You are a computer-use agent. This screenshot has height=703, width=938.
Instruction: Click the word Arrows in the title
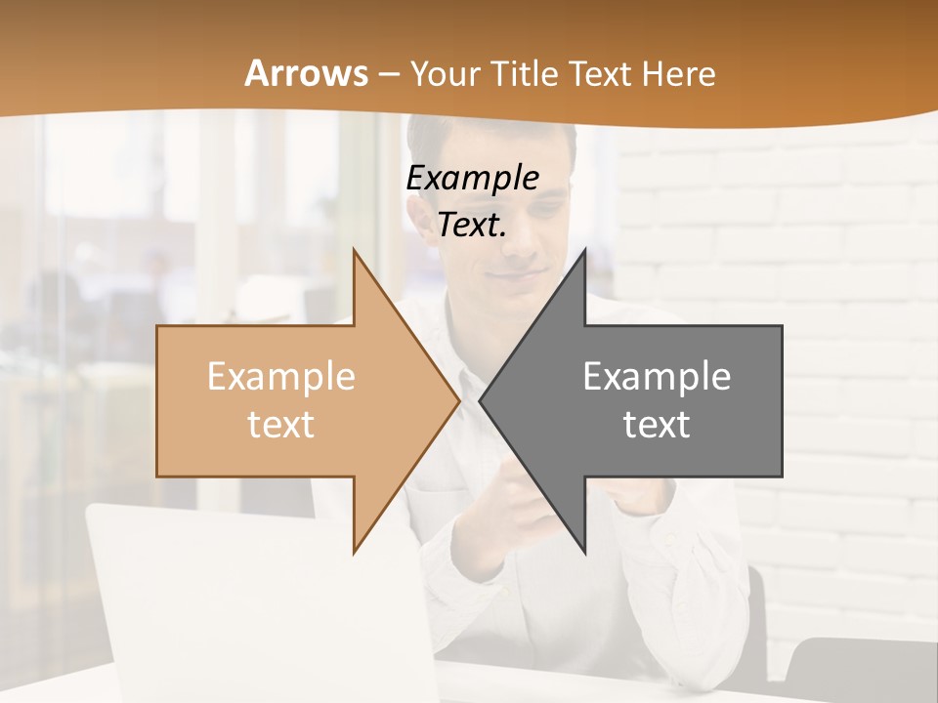coord(306,73)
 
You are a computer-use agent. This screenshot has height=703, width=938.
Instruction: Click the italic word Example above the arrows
coord(473,179)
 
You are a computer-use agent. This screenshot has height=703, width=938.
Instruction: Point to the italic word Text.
coord(472,226)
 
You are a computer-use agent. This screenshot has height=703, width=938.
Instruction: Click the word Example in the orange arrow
coord(281,377)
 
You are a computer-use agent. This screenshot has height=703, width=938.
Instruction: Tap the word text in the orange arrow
coord(281,425)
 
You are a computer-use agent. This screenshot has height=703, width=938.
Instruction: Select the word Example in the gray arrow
coord(657,377)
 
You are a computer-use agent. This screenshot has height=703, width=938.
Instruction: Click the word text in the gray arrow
coord(657,425)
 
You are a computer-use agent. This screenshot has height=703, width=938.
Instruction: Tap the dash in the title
coord(388,74)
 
